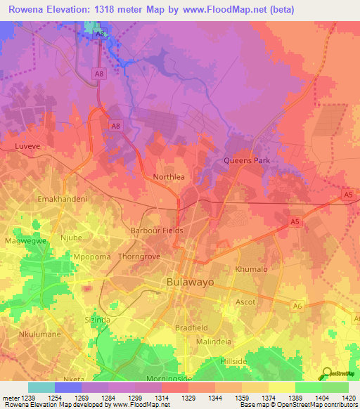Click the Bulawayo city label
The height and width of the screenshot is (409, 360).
coord(190,282)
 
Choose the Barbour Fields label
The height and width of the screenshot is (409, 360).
coord(157,231)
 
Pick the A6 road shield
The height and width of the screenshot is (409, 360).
coord(297,304)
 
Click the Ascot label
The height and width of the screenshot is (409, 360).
coord(245,302)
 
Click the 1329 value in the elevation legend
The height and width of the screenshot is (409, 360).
coord(188,398)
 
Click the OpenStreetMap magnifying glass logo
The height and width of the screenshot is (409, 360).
coord(327,372)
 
